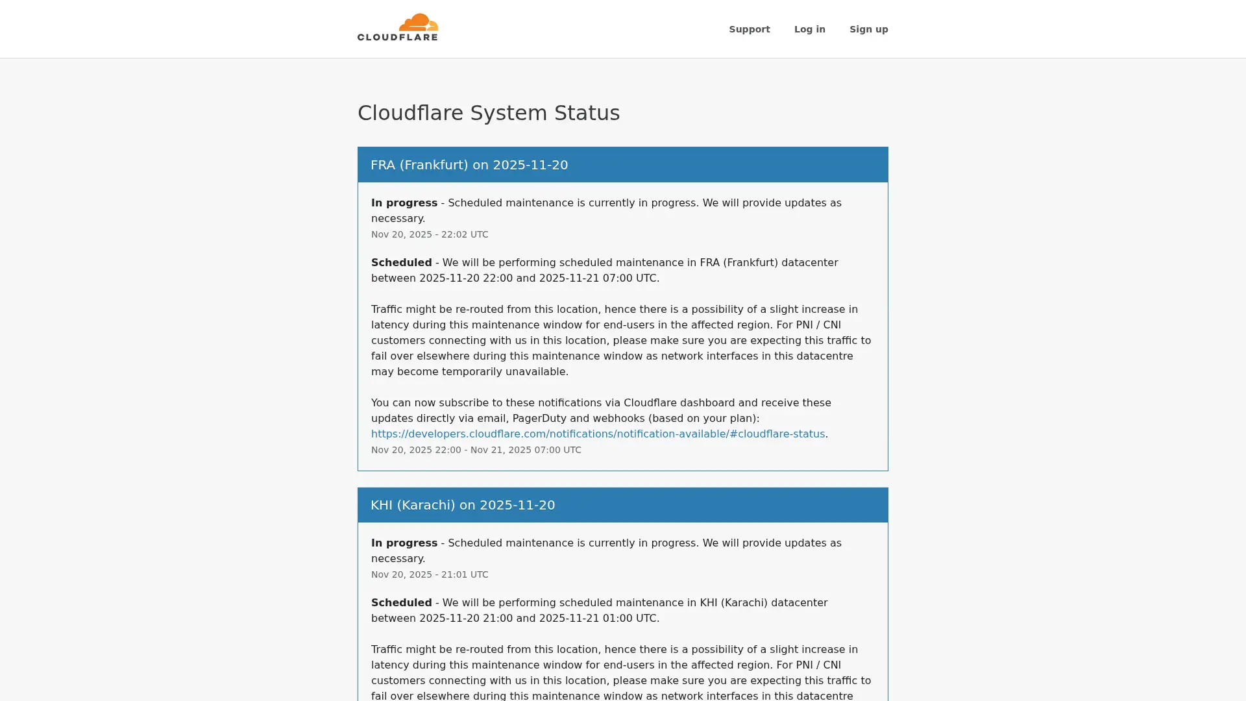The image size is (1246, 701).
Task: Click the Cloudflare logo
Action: pyautogui.click(x=397, y=28)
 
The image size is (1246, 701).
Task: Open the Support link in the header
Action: pyautogui.click(x=749, y=29)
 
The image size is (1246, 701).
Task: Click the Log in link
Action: pyautogui.click(x=809, y=29)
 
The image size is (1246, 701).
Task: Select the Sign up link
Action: pyautogui.click(x=868, y=29)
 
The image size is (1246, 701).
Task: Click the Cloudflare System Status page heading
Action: pyautogui.click(x=488, y=113)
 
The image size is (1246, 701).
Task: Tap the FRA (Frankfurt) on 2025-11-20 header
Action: pyautogui.click(x=469, y=165)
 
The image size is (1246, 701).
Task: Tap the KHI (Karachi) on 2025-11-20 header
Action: pyautogui.click(x=462, y=505)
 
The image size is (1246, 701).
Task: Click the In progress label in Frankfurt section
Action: pyautogui.click(x=404, y=203)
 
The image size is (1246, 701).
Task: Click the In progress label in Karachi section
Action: pyautogui.click(x=404, y=543)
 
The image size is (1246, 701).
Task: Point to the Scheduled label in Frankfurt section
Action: pyautogui.click(x=401, y=263)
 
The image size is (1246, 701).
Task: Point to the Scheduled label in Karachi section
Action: pyautogui.click(x=401, y=603)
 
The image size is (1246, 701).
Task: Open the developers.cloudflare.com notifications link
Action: pyautogui.click(x=597, y=434)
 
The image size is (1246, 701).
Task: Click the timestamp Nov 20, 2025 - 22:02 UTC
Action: pyautogui.click(x=429, y=234)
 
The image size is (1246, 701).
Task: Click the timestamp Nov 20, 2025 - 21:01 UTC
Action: pyautogui.click(x=429, y=574)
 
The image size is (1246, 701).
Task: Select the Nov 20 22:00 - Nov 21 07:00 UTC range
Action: pyautogui.click(x=476, y=450)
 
